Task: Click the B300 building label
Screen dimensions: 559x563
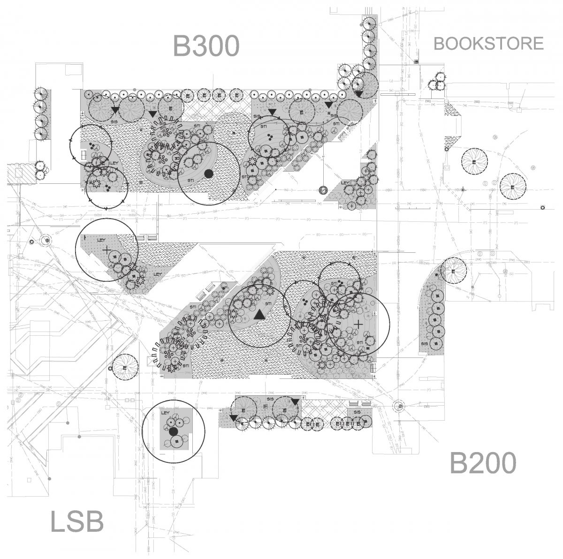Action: [206, 46]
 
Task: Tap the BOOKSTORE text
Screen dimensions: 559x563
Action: [488, 43]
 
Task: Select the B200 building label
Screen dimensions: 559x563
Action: [483, 463]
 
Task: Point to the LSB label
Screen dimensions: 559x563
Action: [76, 522]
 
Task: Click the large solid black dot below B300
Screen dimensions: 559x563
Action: [209, 174]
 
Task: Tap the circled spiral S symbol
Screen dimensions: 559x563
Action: [323, 190]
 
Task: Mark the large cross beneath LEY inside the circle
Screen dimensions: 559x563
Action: [107, 250]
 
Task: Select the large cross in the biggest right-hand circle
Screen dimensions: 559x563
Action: [358, 324]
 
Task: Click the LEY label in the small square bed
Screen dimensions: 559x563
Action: [165, 413]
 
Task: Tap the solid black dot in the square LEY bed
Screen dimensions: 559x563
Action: [174, 431]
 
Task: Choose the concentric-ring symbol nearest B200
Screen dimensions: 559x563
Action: [399, 406]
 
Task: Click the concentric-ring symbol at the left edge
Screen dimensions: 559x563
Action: [46, 241]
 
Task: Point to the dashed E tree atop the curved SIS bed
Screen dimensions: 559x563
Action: [454, 272]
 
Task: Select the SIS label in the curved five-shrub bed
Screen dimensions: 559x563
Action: [425, 343]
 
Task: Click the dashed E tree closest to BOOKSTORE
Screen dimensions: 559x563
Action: [474, 162]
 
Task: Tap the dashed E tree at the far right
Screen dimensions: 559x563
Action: [512, 187]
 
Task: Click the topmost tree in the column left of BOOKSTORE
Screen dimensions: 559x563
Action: [370, 22]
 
